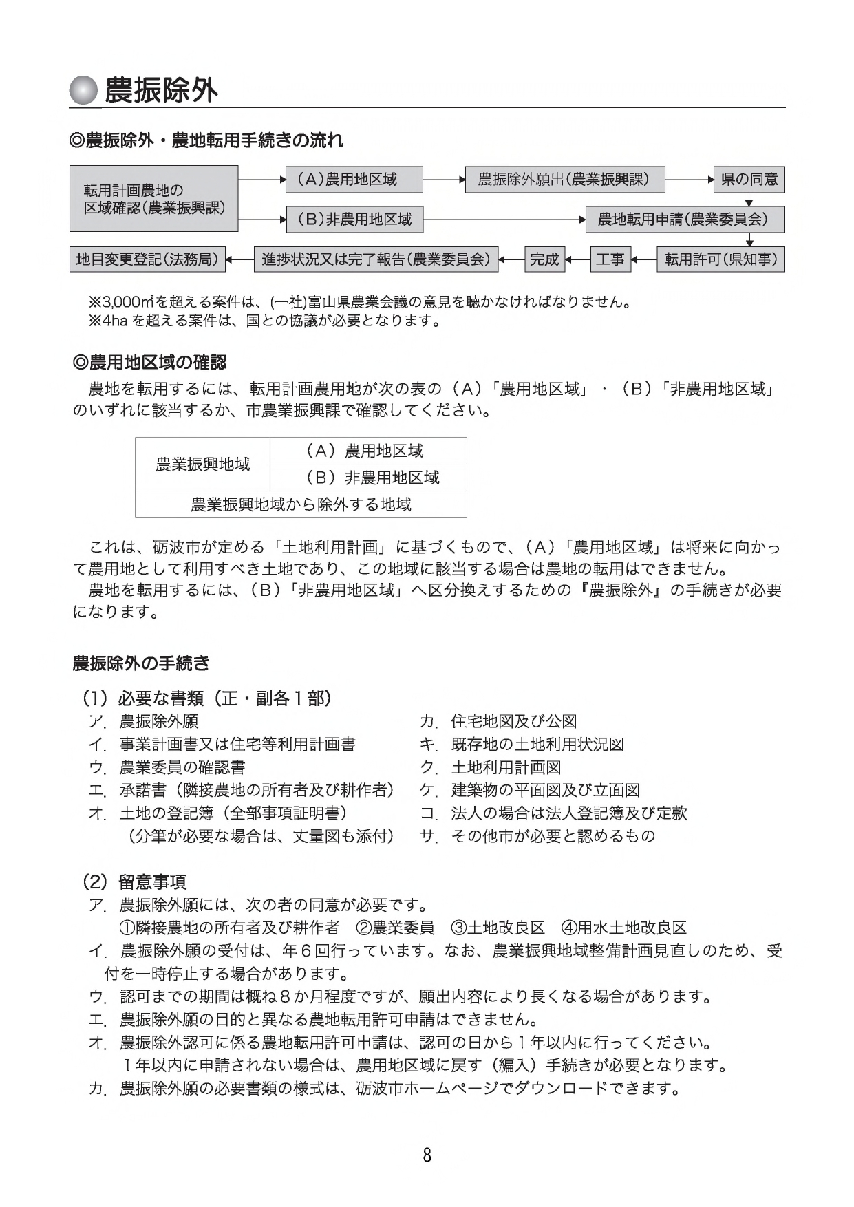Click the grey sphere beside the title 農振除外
pos(83,89)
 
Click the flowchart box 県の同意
pos(749,180)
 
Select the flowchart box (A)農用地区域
pos(354,180)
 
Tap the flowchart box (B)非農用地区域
pos(354,220)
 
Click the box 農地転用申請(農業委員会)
pos(685,220)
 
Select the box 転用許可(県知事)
pos(720,259)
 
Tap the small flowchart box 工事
pos(610,259)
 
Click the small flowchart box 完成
pos(544,259)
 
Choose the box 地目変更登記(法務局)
pos(147,259)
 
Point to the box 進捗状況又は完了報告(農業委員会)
pos(376,259)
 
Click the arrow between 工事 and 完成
pos(577,259)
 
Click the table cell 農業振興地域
pos(202,464)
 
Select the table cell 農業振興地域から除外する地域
pos(301,504)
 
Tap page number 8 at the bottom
pos(427,1155)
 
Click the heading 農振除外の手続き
pos(141,663)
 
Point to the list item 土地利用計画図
pos(506,767)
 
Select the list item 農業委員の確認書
pos(182,767)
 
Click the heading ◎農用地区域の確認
pos(149,363)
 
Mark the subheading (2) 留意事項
pos(134,882)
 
